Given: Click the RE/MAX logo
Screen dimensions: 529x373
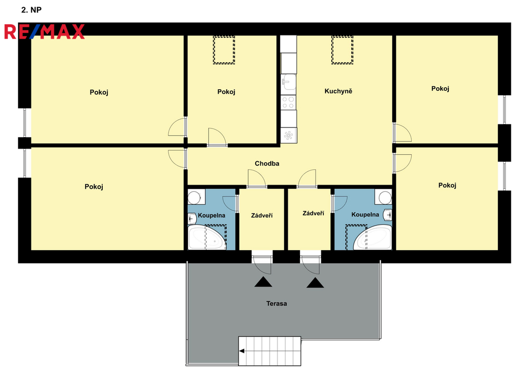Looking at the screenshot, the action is pos(44,31).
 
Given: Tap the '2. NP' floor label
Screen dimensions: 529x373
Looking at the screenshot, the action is pos(32,10).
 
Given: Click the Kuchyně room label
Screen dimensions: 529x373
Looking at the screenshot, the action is pos(338,91).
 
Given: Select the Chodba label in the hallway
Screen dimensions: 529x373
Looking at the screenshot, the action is pos(267,164).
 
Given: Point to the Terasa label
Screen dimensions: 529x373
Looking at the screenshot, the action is pos(277,303).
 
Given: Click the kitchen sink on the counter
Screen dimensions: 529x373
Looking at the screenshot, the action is pos(289,82).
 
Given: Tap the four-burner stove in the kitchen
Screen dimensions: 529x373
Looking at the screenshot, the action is pos(288,103).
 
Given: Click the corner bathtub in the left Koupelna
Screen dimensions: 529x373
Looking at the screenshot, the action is pos(207,237).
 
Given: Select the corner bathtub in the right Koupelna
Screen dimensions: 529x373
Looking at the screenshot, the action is pos(373,237).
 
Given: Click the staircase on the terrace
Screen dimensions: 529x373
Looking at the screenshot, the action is pos(270,351).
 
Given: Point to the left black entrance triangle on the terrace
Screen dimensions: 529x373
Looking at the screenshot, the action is pos(263,282).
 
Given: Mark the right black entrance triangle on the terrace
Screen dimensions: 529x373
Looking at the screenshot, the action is pos(315,283).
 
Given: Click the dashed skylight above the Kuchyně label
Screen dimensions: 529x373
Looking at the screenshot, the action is pos(342,50).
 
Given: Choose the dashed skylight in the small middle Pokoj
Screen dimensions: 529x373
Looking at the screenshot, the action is pos(224,50).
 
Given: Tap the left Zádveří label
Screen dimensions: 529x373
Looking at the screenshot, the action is pos(262,215).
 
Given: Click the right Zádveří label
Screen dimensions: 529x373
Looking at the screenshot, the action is pos(313,213).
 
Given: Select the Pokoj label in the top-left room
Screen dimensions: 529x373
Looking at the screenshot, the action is pos(99,92).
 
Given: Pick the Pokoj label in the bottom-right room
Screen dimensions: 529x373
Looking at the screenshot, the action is pos(447,185).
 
